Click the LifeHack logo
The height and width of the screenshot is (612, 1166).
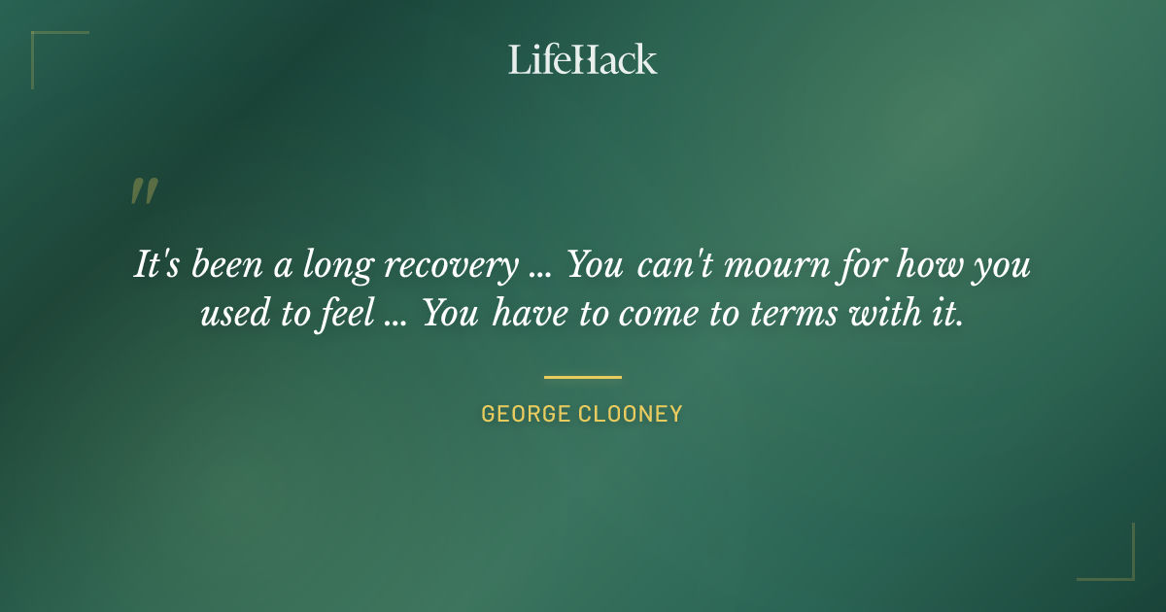point(582,59)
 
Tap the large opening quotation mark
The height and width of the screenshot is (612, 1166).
point(143,191)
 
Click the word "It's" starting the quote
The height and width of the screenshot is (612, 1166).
point(158,264)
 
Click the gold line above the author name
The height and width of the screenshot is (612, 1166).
point(582,377)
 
